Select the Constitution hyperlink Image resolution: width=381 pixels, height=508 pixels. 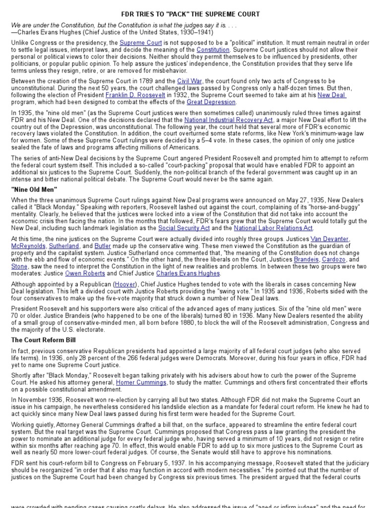213,50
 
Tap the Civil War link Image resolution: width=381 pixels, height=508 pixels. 189,81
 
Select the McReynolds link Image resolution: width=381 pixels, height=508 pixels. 29,246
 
